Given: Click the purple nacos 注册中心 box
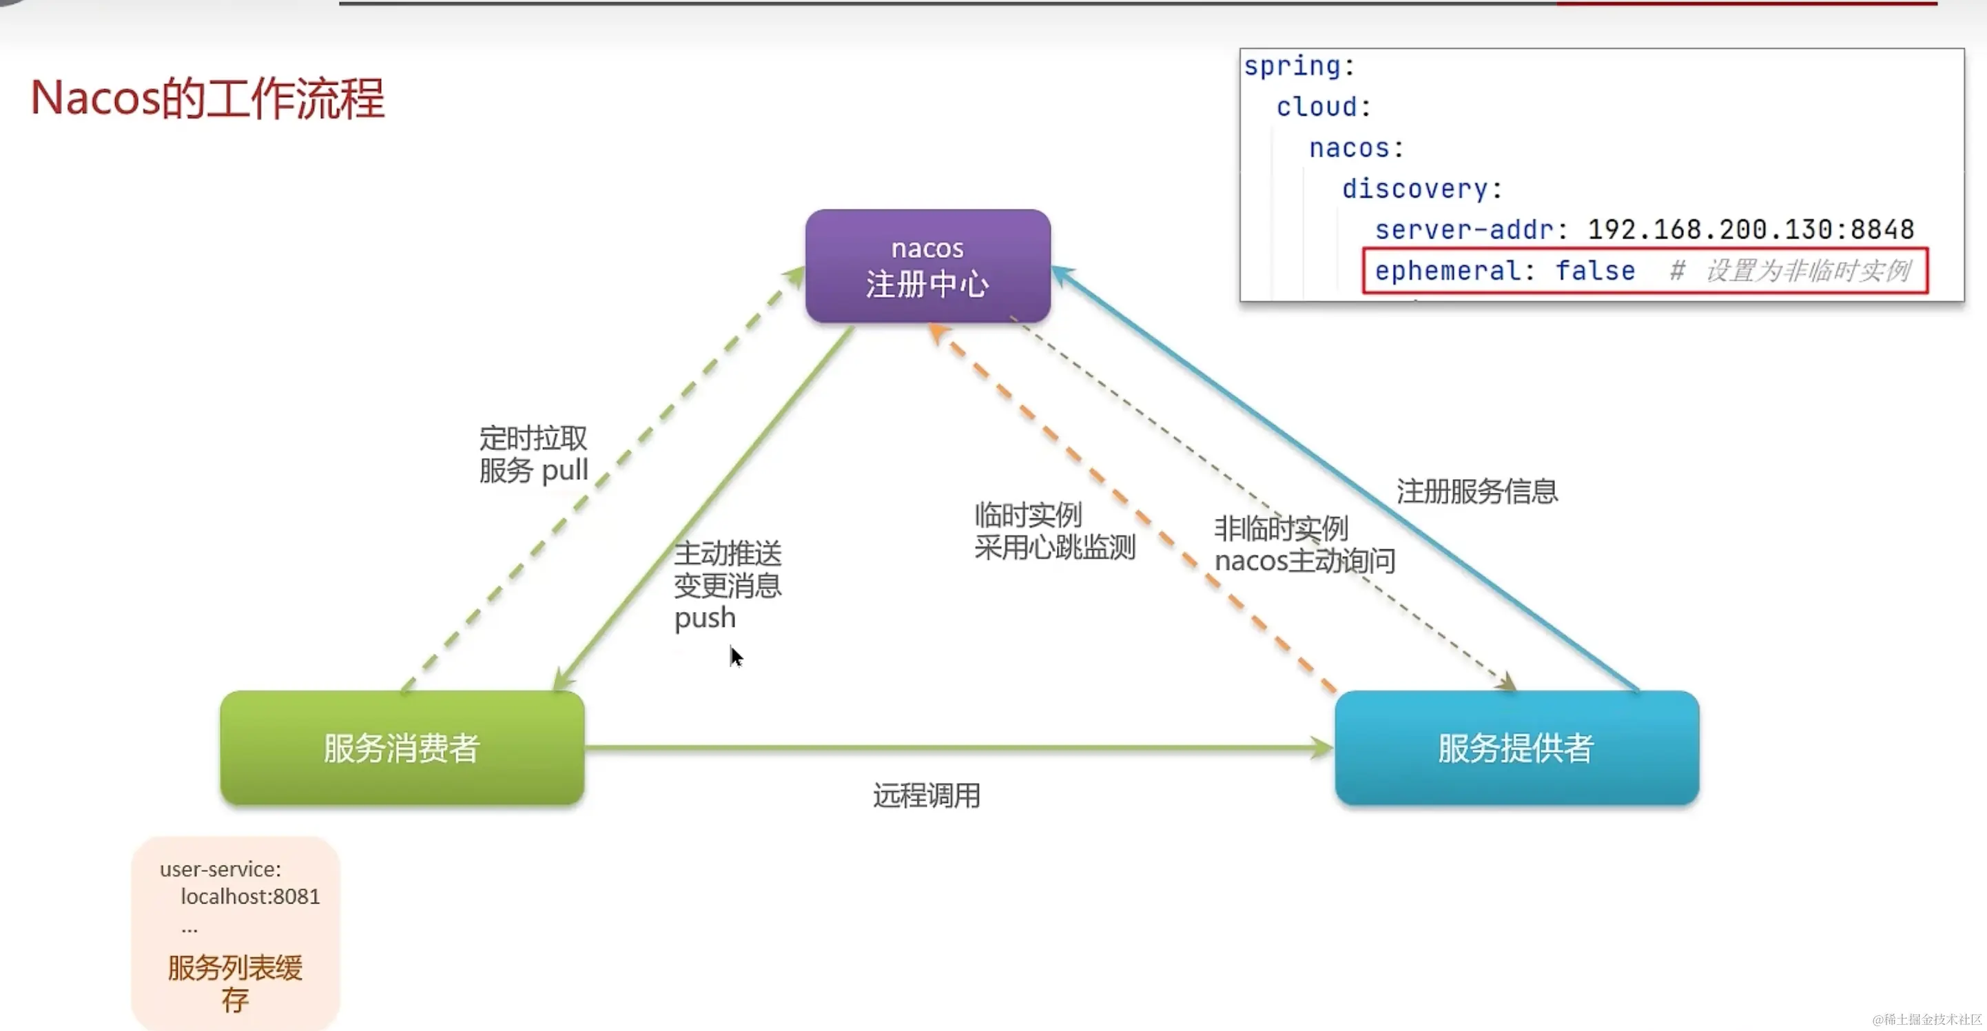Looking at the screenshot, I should [927, 266].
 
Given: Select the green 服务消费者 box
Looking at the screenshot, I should [402, 748].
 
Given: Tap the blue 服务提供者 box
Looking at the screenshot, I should [1516, 748].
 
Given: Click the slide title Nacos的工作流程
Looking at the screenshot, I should [207, 99].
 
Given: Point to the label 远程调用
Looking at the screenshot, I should [927, 795].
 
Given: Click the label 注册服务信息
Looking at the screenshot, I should [1476, 491].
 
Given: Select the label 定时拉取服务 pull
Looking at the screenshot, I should [533, 455].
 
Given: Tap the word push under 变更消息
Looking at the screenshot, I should [704, 618].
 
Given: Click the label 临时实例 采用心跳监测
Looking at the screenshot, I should [1053, 531].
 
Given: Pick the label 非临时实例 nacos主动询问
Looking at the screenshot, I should [1304, 545].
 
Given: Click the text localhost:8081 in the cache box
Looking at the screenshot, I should [250, 897].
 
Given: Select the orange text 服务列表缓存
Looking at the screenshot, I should [234, 983].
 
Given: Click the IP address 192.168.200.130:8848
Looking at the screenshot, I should [1750, 229].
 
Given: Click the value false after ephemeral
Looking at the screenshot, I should [1594, 271].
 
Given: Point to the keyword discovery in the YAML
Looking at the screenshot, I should [1414, 188].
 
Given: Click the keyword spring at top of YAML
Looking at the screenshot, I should [1292, 65].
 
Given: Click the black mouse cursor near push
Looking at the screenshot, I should [736, 657].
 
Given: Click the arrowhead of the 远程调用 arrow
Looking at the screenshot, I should [1322, 747].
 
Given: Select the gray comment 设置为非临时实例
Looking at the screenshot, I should [1807, 271].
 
